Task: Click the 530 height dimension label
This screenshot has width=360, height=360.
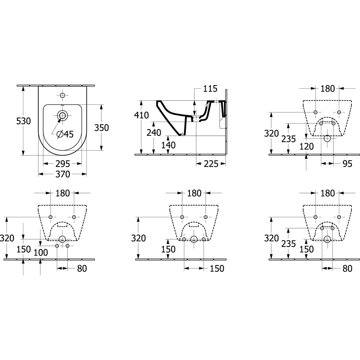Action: point(23,121)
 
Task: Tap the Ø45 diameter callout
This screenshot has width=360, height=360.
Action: point(65,134)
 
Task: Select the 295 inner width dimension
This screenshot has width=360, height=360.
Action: point(63,164)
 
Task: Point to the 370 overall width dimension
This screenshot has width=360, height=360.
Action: point(63,174)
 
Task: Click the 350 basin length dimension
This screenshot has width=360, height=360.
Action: point(102,128)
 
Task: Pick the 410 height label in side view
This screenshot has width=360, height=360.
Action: point(141,115)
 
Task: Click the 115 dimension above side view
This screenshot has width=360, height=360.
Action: point(210,88)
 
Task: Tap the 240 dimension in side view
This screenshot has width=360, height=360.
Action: point(154,132)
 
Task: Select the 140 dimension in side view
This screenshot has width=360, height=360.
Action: point(168,145)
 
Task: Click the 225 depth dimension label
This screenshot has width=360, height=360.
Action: point(211,164)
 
